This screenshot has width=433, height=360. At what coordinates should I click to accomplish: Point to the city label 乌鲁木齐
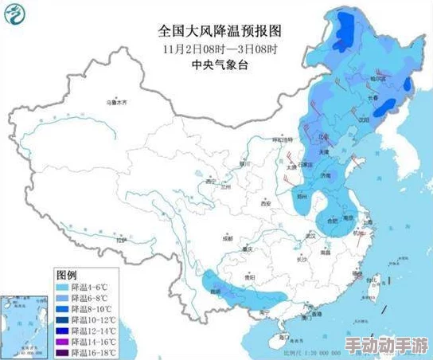click(x=119, y=103)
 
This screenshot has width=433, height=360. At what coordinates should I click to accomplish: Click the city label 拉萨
click(x=120, y=239)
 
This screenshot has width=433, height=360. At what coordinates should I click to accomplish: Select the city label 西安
click(x=266, y=204)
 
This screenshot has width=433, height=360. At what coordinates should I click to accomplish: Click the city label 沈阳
click(x=364, y=119)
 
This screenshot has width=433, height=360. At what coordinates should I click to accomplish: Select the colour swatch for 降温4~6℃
click(x=63, y=285)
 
